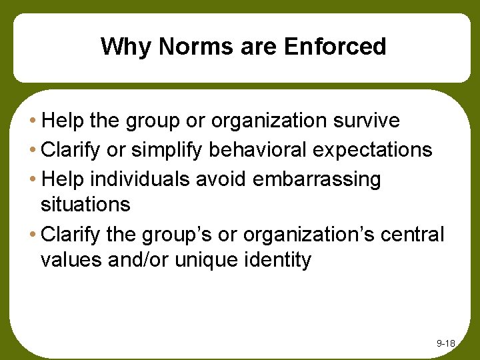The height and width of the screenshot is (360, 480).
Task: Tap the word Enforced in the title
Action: [335, 47]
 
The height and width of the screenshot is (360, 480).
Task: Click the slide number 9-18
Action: [445, 343]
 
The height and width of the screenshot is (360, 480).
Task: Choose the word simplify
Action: [169, 150]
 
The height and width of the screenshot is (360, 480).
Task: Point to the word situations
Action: [85, 203]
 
